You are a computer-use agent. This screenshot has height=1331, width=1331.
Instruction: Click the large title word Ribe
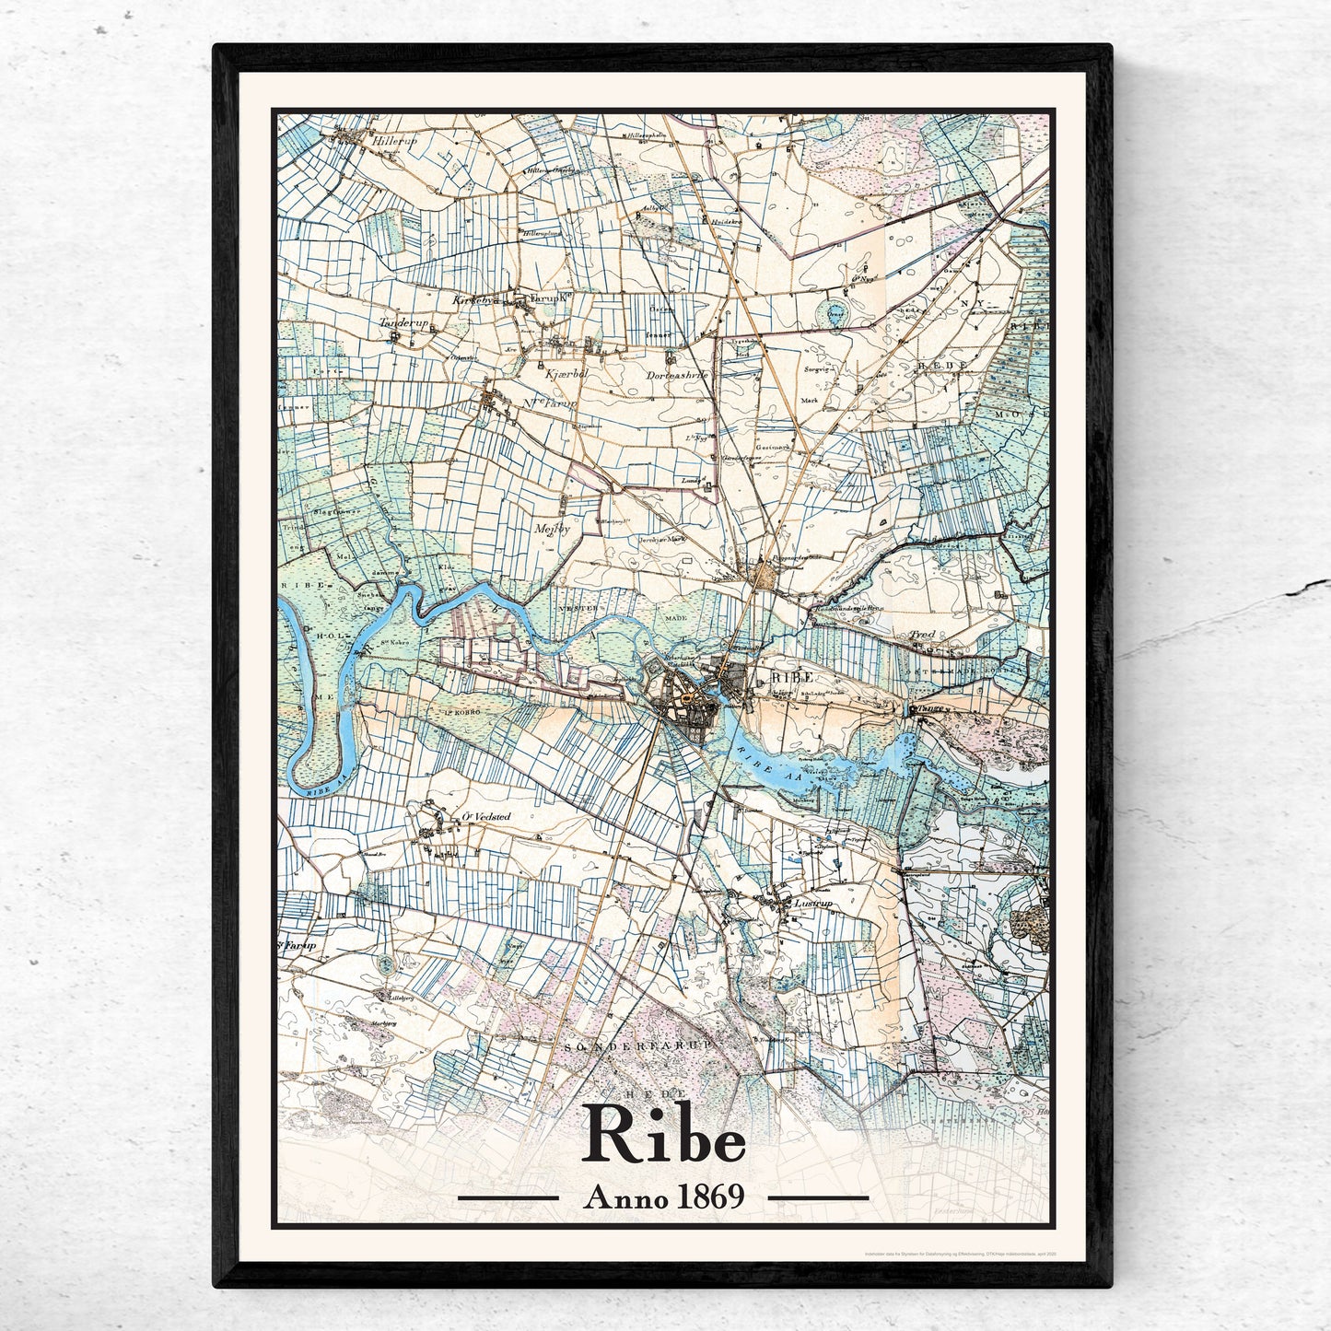coord(664,1138)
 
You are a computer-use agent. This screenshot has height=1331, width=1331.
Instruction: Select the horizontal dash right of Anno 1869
coord(818,1198)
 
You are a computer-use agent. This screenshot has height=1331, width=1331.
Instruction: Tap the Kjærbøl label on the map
coord(556,365)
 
